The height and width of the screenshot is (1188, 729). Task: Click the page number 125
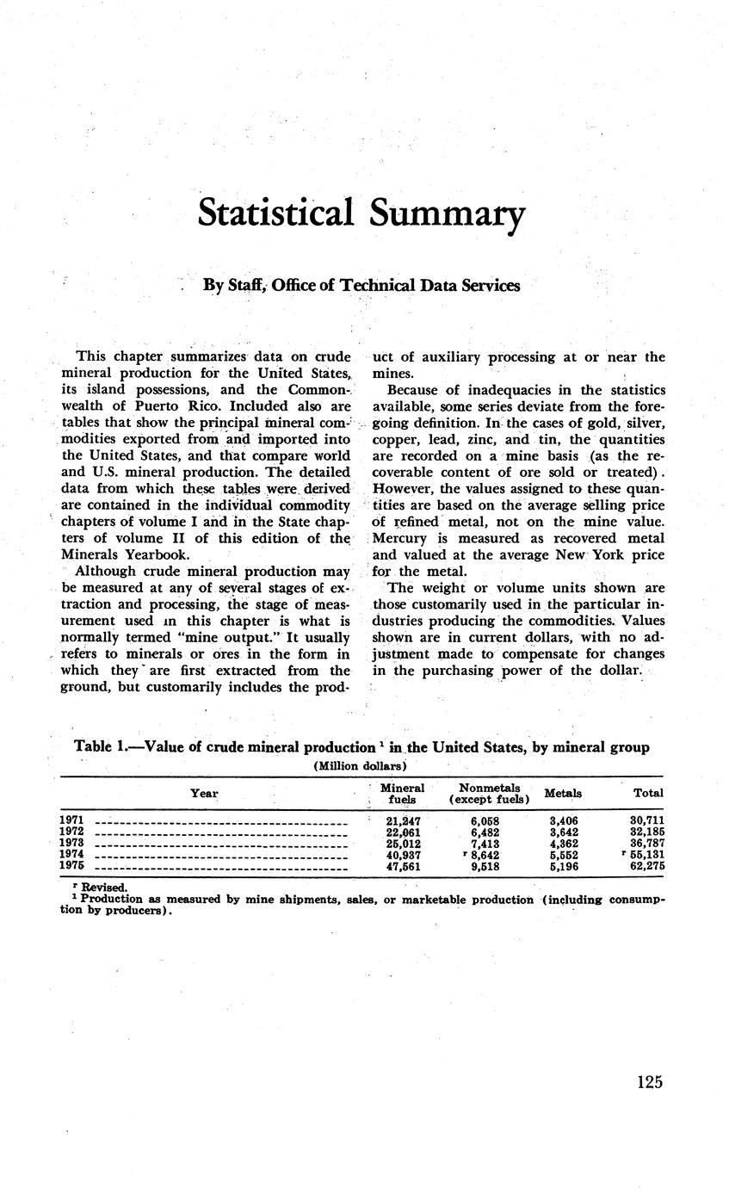coord(650,1082)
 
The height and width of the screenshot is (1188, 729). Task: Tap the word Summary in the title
coord(446,213)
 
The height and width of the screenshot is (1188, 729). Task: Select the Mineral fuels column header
coord(402,794)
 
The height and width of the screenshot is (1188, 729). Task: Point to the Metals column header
coord(563,793)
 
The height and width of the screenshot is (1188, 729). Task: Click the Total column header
coord(647,793)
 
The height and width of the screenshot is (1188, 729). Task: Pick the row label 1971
coord(71,821)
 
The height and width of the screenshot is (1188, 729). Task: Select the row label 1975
coord(71,867)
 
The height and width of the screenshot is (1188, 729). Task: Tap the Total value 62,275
coord(646,867)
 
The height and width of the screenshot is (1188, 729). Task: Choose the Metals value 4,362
coord(563,845)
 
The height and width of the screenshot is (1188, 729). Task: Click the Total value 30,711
coord(646,821)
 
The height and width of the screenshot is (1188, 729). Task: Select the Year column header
coord(204,793)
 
